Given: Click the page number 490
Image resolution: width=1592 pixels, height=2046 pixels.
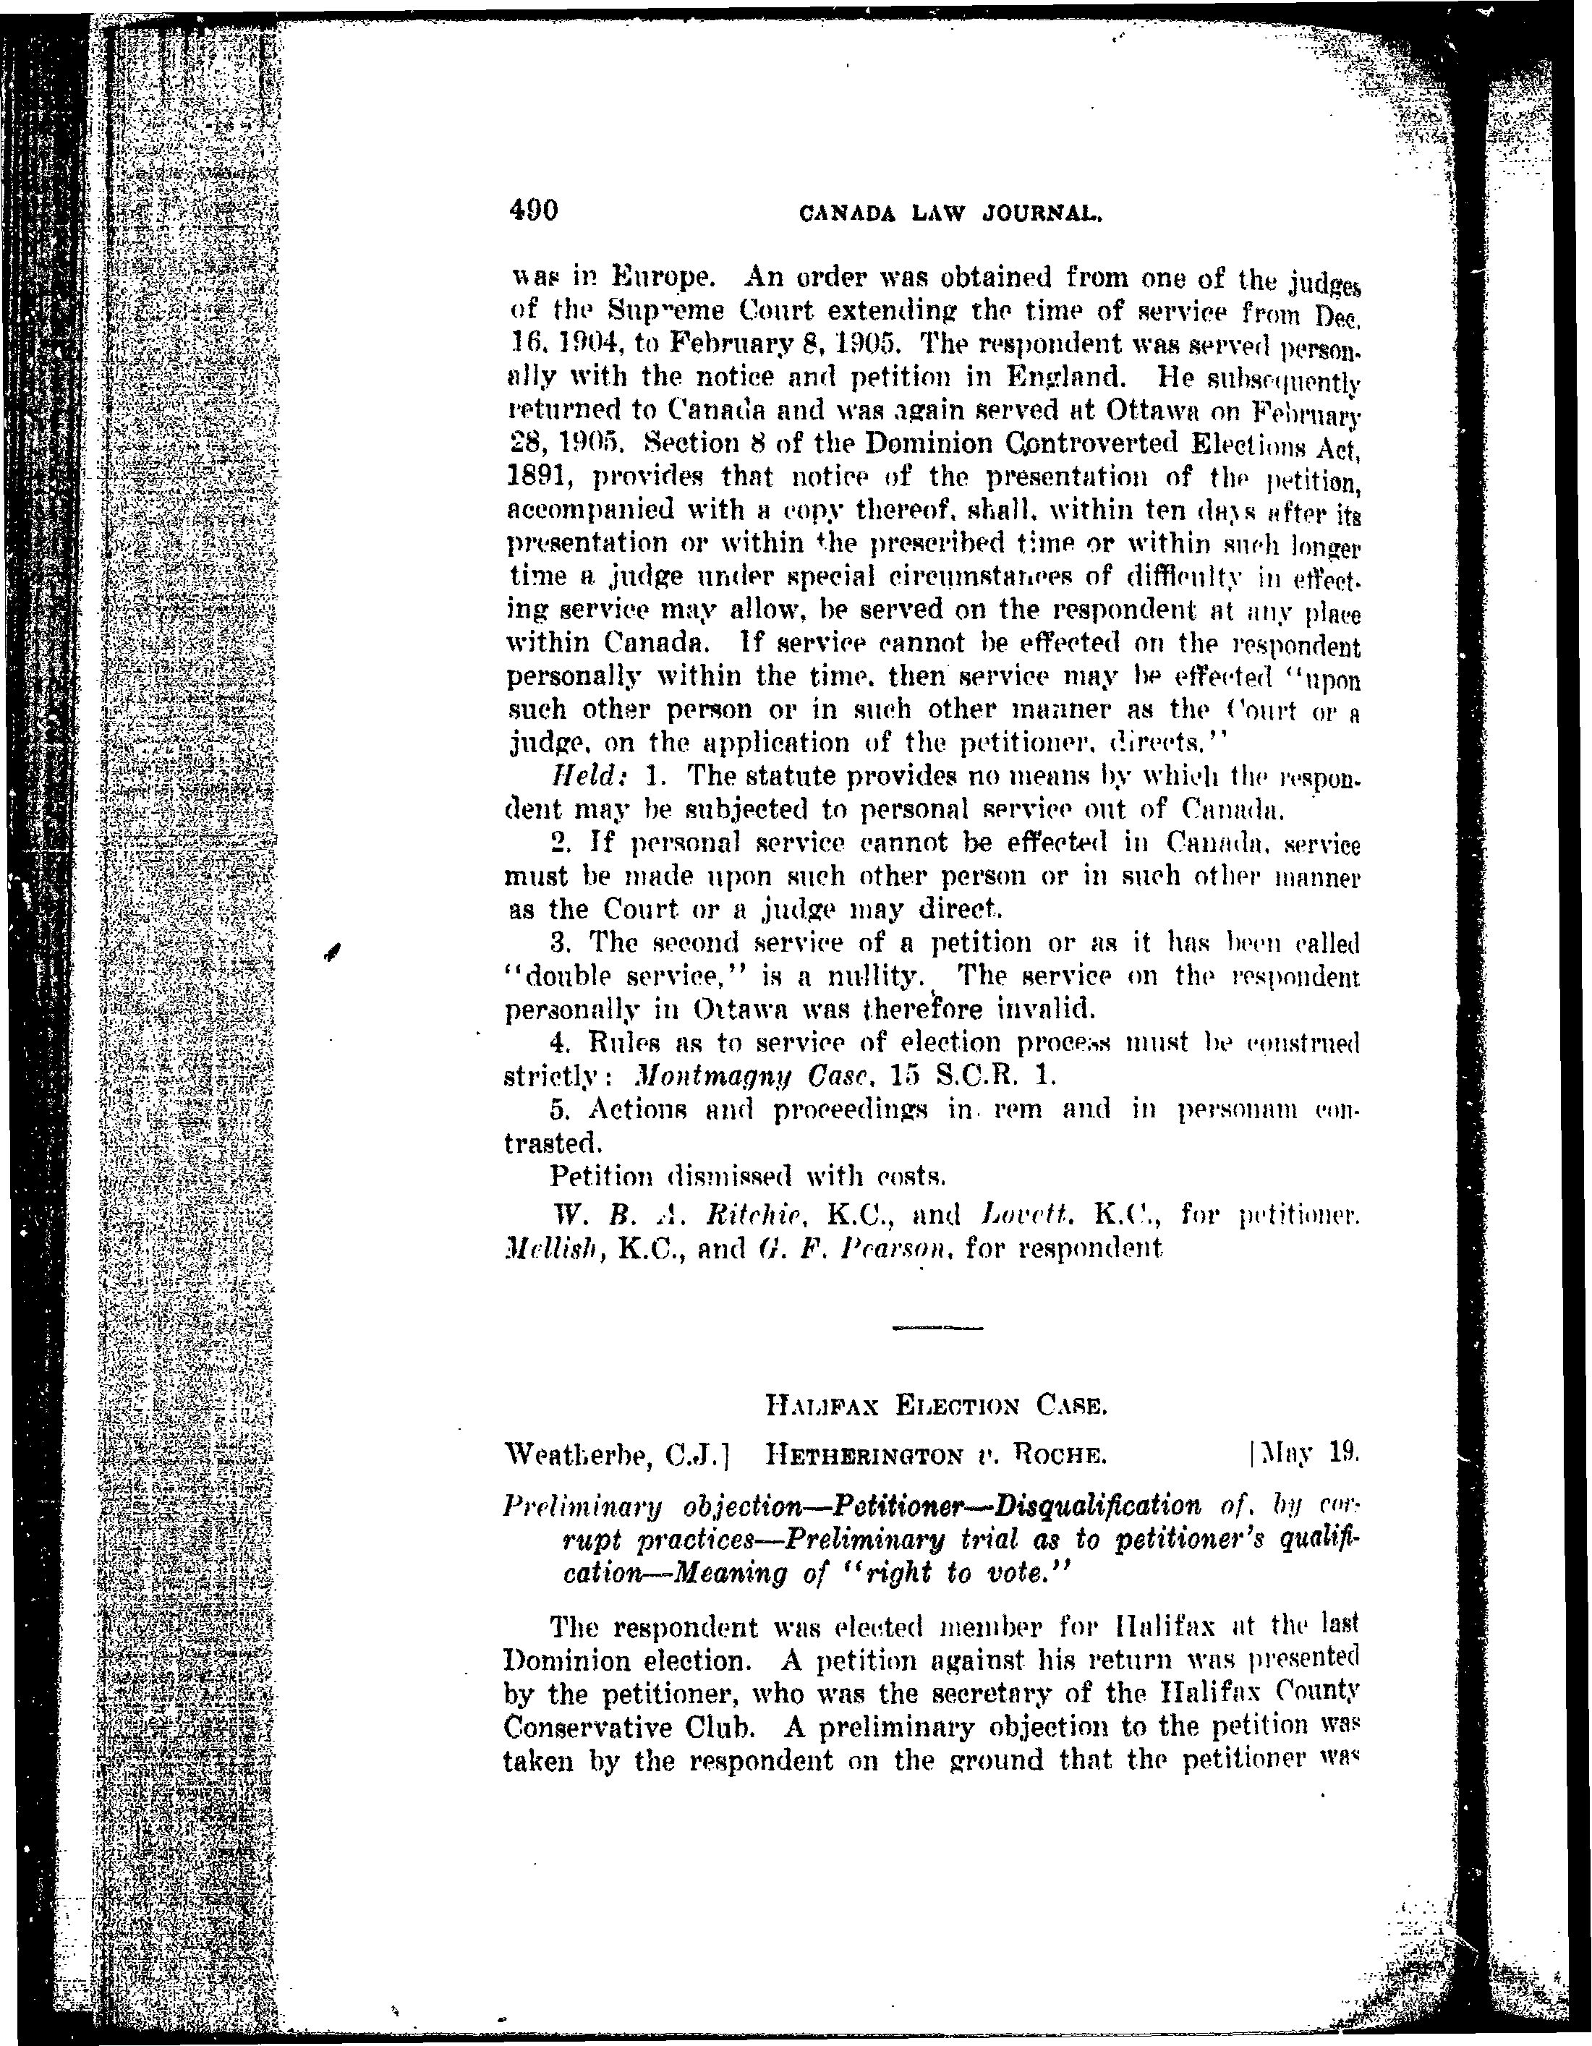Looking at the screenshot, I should [x=533, y=210].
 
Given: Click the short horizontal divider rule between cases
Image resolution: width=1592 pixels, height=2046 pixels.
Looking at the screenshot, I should [x=937, y=1327].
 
